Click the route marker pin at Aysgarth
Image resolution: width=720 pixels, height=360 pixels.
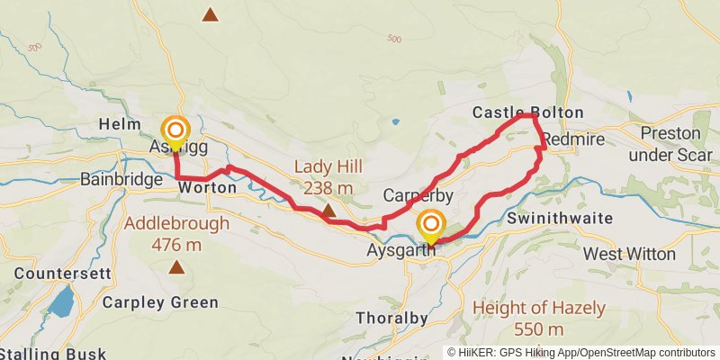(432, 226)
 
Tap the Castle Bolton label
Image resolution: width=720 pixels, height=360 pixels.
(528, 112)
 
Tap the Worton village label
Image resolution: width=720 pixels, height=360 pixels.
(207, 188)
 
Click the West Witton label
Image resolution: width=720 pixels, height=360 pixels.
(629, 255)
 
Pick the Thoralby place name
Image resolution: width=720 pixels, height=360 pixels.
(392, 318)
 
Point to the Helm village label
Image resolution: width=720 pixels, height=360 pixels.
(121, 123)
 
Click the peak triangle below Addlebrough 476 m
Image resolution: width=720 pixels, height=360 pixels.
(176, 266)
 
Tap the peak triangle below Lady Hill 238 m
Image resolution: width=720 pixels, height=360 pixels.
(328, 211)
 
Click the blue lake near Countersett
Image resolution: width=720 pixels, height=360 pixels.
(61, 302)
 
